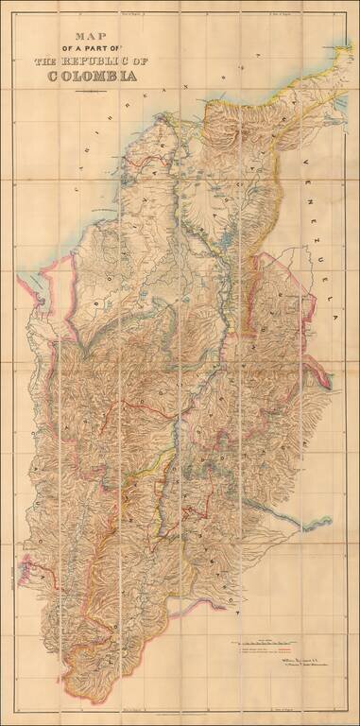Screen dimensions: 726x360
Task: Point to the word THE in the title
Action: tap(47, 60)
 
